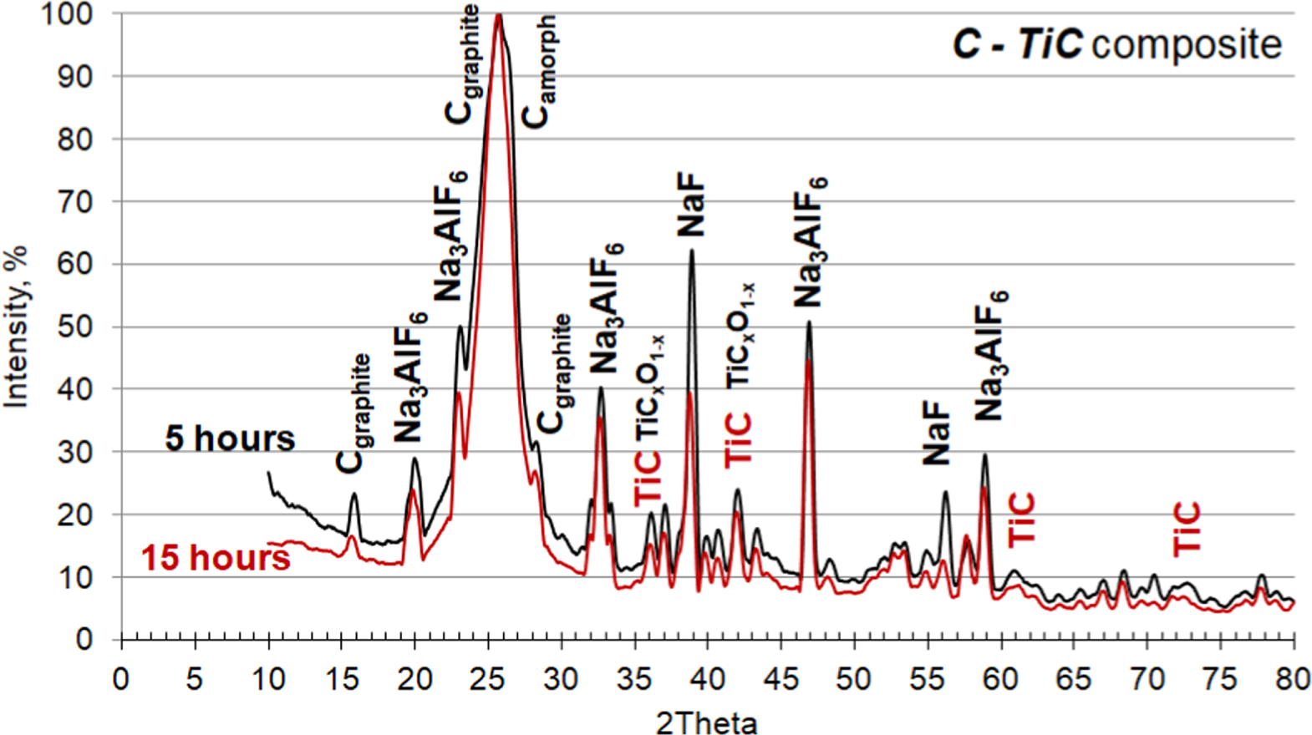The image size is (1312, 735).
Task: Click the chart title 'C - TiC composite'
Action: coord(1116,43)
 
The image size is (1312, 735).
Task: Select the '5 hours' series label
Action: coord(230,438)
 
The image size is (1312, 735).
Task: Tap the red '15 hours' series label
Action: coord(216,558)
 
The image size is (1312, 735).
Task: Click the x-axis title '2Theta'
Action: coord(706,722)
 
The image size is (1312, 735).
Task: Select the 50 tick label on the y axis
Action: coord(75,327)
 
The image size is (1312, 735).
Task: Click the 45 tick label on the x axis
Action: coord(781,679)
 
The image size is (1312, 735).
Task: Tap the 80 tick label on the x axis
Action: coord(1293,679)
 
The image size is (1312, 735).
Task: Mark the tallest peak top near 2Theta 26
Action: coord(499,15)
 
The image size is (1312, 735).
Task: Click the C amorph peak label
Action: coord(539,73)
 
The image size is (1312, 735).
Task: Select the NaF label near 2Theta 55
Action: coord(937,432)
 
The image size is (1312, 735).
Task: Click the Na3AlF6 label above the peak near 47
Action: coord(809,242)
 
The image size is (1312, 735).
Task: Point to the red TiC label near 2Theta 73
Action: coord(1187,528)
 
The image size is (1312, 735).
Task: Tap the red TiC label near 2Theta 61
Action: coord(1022,520)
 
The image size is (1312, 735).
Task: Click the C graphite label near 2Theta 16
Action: coord(354,413)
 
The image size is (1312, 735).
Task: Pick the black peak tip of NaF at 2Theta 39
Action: coord(692,251)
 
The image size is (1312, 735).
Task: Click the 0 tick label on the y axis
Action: coord(84,640)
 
